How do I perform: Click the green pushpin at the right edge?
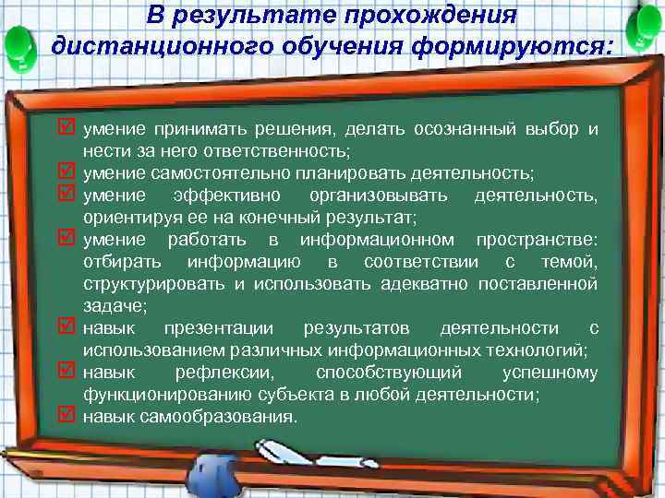pyautogui.click(x=644, y=32)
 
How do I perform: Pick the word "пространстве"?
pyautogui.click(x=537, y=240)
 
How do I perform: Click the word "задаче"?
pyautogui.click(x=109, y=305)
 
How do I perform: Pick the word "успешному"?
pyautogui.click(x=550, y=373)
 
